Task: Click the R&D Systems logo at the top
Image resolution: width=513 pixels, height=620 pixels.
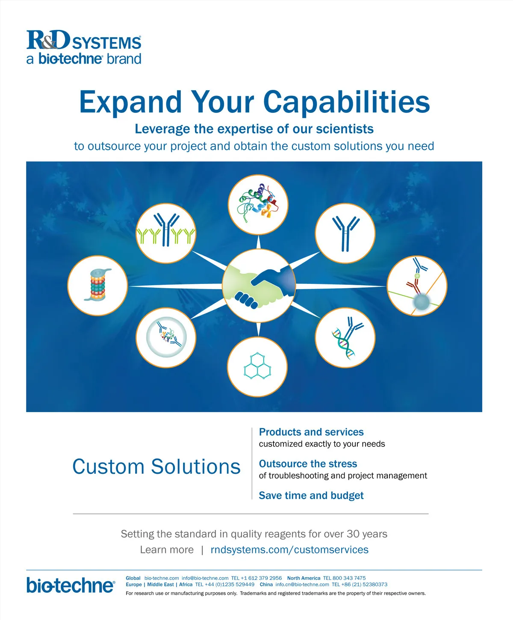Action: coord(84,47)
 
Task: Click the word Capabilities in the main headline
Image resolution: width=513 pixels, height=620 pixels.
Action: coord(346,102)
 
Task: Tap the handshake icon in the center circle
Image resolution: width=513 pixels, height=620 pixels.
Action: coord(259,285)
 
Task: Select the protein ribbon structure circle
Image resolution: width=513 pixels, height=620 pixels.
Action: coord(258,204)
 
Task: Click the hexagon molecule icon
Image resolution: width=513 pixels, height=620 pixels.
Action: coord(257,366)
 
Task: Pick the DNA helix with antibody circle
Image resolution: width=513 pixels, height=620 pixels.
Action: coord(345,338)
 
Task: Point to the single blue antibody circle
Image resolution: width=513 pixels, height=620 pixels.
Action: coord(345,233)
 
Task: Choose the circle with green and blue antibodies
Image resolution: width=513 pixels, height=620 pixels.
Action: coord(166,233)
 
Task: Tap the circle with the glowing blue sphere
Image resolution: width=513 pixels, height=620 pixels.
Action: coord(417,286)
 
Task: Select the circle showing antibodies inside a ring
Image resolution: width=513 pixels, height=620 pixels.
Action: coord(166,338)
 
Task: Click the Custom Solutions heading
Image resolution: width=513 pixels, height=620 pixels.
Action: coord(156,466)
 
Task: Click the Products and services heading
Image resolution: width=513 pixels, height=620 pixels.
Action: coord(311,432)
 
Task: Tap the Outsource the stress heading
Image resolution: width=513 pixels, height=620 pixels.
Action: coord(308,464)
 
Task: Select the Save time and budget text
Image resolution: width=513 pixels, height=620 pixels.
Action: coord(311,496)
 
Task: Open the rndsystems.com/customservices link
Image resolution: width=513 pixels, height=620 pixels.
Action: coord(289,549)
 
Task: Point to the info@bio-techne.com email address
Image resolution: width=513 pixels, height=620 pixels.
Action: coord(205,578)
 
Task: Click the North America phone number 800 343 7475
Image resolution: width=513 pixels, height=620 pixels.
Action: coord(349,578)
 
